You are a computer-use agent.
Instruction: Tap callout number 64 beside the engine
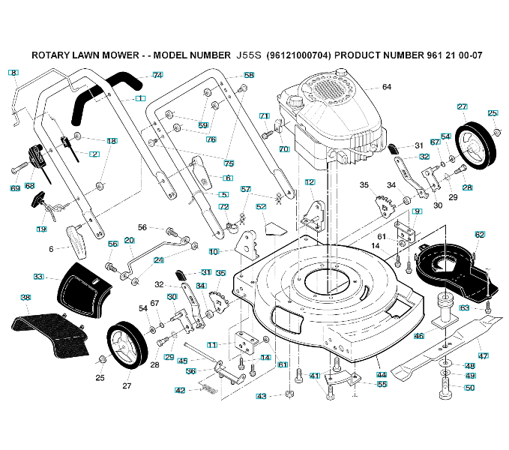click(387, 87)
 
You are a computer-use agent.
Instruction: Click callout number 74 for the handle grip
click(157, 75)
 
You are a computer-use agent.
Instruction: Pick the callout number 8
click(13, 73)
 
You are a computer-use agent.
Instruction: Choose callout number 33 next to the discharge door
click(38, 277)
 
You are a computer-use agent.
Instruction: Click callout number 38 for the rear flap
click(25, 298)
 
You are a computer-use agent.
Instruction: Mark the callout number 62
click(480, 235)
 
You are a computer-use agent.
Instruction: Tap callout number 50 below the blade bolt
click(470, 388)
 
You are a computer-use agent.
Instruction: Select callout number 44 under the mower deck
click(382, 374)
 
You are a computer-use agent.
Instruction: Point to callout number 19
click(41, 229)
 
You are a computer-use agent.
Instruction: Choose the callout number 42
click(180, 390)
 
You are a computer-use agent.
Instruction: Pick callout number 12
click(310, 182)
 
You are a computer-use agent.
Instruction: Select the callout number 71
click(264, 116)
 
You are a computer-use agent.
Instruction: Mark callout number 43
click(262, 396)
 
